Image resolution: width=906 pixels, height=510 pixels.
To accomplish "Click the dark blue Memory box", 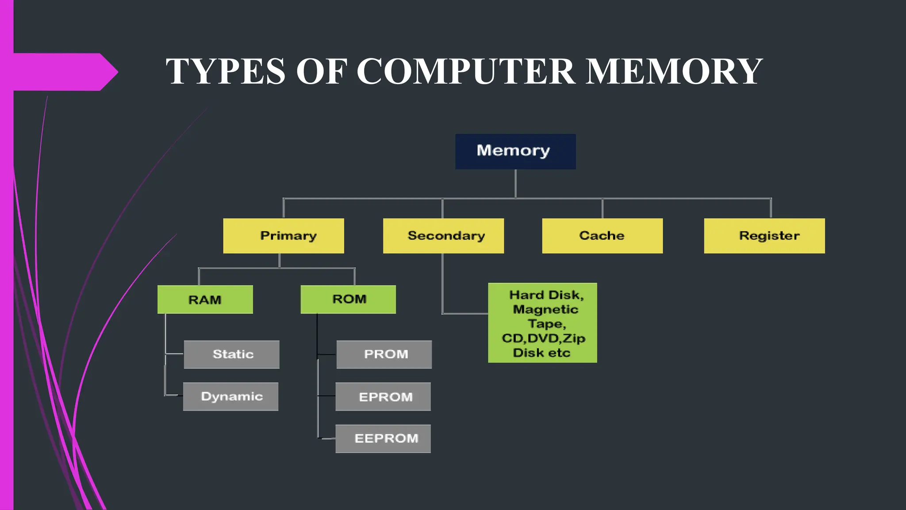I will (x=515, y=151).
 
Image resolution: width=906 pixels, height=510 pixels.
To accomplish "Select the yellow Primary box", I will (x=284, y=236).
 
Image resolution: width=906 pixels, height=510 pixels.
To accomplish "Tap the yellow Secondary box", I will (x=443, y=236).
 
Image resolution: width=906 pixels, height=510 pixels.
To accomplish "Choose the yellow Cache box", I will (x=602, y=236).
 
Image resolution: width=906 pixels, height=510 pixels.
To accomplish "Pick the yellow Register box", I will (x=764, y=236).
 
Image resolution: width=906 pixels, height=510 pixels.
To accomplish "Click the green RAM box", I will (x=205, y=300).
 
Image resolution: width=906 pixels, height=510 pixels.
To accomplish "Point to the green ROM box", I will (x=348, y=299).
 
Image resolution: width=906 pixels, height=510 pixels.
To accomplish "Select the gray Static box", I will (x=232, y=354).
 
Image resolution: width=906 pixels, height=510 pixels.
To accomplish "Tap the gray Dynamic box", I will (x=231, y=396).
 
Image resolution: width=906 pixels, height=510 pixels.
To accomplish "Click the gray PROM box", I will (x=384, y=354).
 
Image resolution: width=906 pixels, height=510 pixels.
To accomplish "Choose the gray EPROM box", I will (x=383, y=397).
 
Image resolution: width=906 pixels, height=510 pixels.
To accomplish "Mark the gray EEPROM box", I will (x=383, y=438).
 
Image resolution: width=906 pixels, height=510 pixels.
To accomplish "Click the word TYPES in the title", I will (x=225, y=71).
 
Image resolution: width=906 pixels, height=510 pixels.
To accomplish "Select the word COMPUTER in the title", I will (x=466, y=71).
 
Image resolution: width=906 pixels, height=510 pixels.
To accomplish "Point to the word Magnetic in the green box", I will (x=545, y=309).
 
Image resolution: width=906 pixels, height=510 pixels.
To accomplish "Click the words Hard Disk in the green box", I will (x=546, y=295).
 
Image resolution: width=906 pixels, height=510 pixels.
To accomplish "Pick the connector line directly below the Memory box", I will (x=515, y=183).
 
